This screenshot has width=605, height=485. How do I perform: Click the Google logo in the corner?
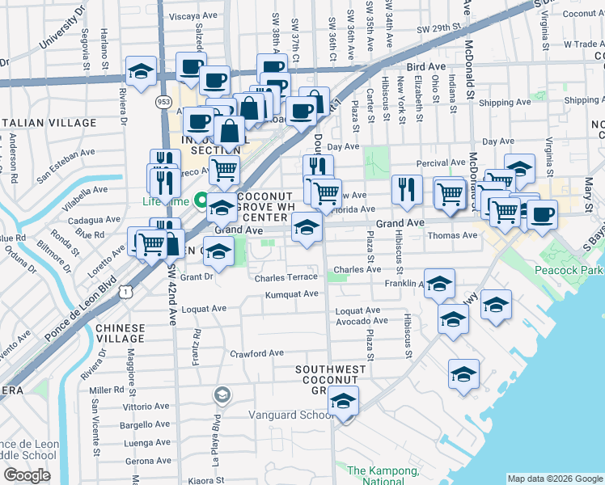click(27, 475)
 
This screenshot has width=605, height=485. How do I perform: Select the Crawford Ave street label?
click(256, 353)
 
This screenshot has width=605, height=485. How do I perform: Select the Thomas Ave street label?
click(453, 235)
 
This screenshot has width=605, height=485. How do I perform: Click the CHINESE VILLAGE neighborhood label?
click(121, 334)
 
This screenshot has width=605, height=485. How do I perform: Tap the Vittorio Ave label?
click(147, 407)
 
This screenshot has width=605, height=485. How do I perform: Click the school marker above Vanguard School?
click(344, 401)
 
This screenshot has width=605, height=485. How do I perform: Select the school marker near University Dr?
click(141, 70)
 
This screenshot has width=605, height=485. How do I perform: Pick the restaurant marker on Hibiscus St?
click(407, 190)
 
